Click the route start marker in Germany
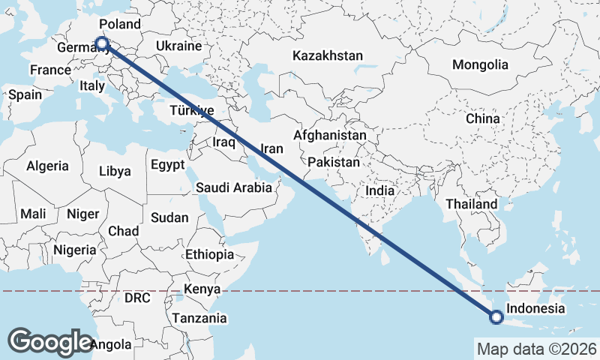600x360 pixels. [102, 44]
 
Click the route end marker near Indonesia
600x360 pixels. [496, 317]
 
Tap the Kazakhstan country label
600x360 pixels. [328, 55]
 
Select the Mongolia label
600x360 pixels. [480, 64]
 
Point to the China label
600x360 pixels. [482, 118]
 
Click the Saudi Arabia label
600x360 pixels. [234, 187]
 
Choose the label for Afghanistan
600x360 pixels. [330, 136]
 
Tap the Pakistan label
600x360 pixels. [334, 162]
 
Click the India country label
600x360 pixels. [379, 190]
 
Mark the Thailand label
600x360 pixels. [471, 204]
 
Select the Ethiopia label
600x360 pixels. [209, 254]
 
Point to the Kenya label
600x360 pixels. [202, 289]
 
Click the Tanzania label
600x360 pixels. [199, 318]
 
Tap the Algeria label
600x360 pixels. [47, 166]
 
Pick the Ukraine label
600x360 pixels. [178, 46]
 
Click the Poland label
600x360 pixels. [119, 24]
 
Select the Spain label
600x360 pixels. [25, 95]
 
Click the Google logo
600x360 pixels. [50, 341]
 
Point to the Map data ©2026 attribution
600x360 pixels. [536, 349]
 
